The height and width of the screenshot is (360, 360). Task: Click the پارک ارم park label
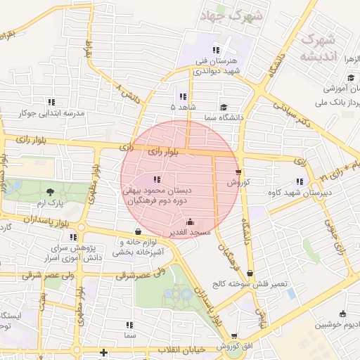coord(50,203)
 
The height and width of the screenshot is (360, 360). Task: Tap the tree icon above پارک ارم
coord(50,191)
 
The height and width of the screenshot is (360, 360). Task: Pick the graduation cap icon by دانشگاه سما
coord(223,108)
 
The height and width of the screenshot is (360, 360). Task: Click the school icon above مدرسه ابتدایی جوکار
coord(51,102)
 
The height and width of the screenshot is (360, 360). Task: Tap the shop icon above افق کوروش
coord(234,337)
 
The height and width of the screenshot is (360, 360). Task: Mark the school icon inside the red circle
coord(157,179)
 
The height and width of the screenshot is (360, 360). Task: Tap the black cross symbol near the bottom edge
coord(104,352)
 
